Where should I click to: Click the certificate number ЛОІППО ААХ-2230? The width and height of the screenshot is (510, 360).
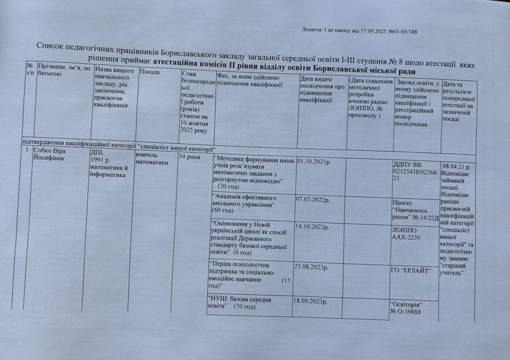(407, 233)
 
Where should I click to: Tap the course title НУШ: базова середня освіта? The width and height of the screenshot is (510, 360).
(240, 303)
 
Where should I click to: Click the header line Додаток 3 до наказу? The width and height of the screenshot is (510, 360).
(359, 30)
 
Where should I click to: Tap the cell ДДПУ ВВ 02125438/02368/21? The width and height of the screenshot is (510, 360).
(416, 171)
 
